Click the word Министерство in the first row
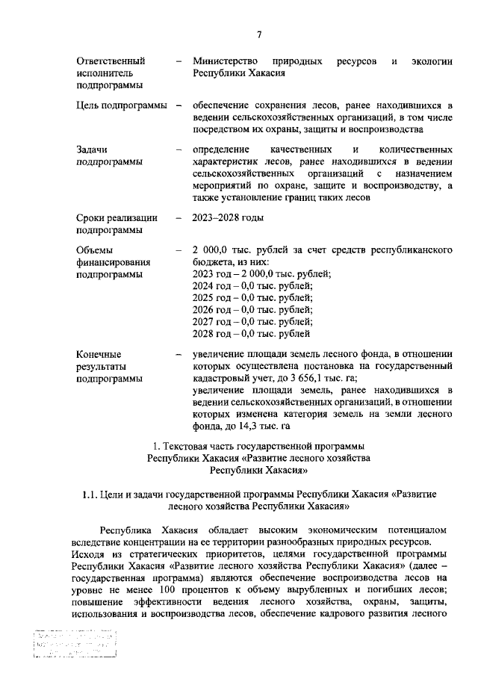coord(225,60)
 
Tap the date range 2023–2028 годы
coord(228,218)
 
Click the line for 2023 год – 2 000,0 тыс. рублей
coord(261,274)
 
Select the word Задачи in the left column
coord(92,149)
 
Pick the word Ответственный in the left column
coord(110,60)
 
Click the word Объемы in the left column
coord(96,249)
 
